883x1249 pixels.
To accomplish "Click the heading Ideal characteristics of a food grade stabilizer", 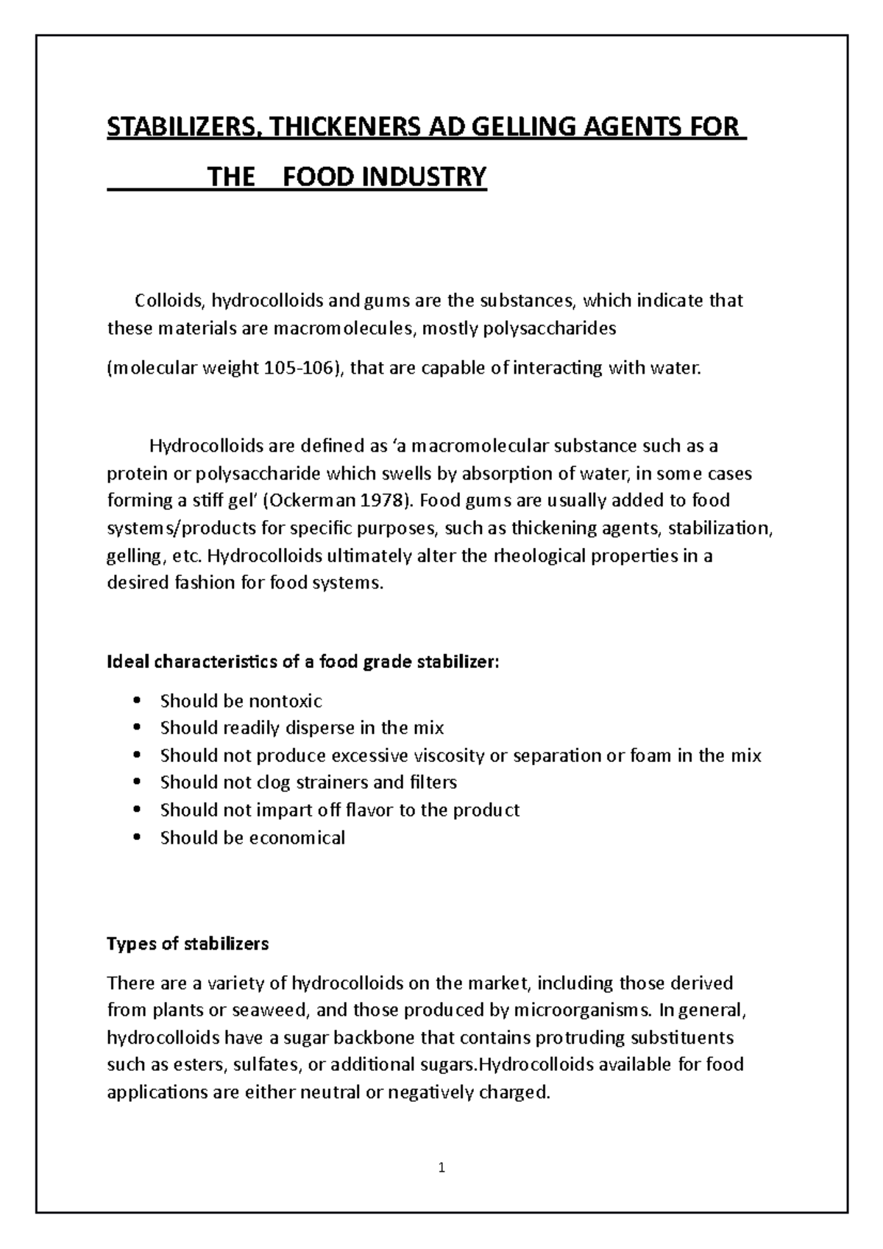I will click(x=303, y=662).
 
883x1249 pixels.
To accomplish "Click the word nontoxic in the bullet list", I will click(x=286, y=700).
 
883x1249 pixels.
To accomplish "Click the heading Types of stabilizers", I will click(x=188, y=944).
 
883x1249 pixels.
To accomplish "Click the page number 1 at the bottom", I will click(x=441, y=1167).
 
